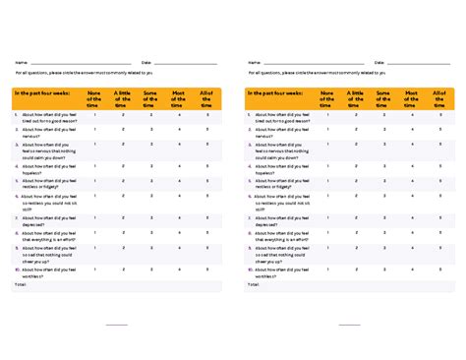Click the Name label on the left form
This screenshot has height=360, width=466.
20,62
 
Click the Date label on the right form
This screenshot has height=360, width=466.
379,62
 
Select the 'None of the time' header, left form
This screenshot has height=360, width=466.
94,98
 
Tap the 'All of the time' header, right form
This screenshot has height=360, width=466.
440,98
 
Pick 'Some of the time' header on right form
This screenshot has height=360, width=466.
383,98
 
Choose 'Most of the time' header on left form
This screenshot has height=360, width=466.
179,98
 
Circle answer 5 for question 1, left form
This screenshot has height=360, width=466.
207,115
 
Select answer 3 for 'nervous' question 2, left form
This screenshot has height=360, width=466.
150,130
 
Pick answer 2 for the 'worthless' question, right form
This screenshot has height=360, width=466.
356,270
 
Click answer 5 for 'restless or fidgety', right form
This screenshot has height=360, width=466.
440,184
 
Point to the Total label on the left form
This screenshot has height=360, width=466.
21,282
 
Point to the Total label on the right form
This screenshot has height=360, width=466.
254,282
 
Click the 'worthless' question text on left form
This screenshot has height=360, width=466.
45,271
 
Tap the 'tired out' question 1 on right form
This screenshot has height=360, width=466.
279,117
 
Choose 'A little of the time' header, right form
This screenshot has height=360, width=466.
356,98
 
